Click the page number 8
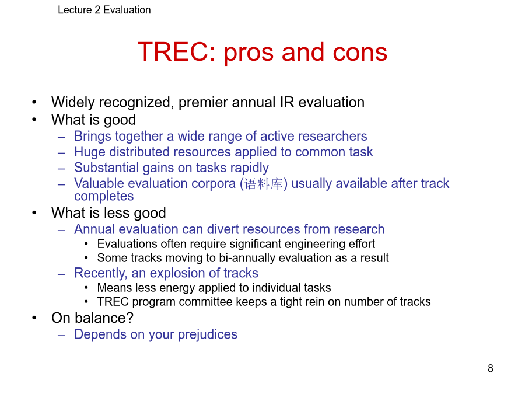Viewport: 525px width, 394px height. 490,368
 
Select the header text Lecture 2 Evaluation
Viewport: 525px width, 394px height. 104,10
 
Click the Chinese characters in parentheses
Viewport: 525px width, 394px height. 264,184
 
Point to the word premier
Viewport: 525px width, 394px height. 203,103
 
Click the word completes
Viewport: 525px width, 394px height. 104,196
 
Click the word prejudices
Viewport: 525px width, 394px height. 207,334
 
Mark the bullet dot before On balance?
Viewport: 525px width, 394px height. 34,318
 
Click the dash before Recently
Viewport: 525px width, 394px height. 61,274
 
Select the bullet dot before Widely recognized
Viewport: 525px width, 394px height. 34,102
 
